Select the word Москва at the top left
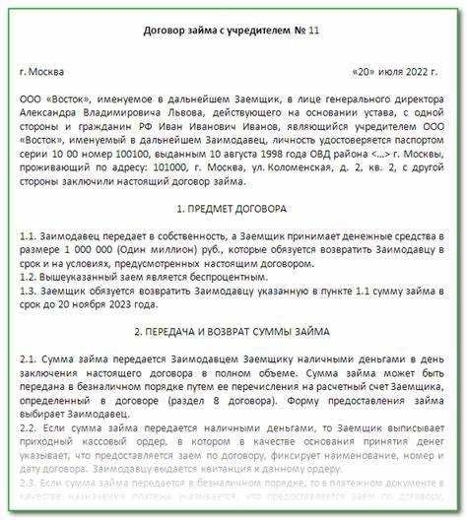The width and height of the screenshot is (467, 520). pos(49,73)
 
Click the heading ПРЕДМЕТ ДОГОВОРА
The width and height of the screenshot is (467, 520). pos(233,210)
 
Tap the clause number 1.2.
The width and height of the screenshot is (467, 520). pos(29,281)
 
